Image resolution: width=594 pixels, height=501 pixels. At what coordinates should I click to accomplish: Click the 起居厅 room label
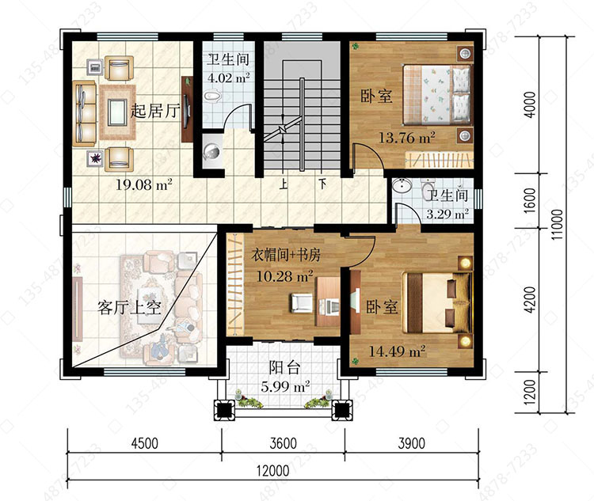155,111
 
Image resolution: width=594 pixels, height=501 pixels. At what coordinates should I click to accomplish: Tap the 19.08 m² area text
144,184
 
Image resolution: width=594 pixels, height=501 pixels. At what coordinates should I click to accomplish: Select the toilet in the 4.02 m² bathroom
212,97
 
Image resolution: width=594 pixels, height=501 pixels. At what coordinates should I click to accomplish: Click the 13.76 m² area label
407,137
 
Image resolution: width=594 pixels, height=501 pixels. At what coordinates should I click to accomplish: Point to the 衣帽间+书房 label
286,255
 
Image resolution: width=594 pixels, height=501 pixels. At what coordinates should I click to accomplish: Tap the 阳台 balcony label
285,367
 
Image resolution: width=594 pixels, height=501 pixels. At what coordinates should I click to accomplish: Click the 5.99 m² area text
285,387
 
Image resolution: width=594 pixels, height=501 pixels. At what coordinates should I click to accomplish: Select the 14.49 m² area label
397,351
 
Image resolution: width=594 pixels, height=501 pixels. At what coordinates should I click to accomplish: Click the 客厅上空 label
129,308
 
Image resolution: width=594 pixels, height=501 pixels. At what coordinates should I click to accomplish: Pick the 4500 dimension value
145,443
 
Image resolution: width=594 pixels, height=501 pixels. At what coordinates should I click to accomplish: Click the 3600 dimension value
283,443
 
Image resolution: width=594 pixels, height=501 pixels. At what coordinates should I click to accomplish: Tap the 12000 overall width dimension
272,471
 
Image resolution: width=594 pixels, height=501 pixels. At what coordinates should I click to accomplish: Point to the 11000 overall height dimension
557,224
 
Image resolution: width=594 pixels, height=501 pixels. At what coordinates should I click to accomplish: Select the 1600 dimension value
531,200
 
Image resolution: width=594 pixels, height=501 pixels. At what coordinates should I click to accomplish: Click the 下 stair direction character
322,184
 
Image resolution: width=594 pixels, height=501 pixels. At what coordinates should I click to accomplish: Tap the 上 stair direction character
284,184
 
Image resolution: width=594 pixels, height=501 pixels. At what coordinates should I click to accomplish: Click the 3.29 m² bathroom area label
447,214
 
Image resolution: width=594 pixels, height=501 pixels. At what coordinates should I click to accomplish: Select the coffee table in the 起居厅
117,112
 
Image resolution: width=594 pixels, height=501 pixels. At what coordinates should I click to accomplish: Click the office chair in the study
302,303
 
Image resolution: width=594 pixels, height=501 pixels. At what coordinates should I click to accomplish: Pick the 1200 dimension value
531,392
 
